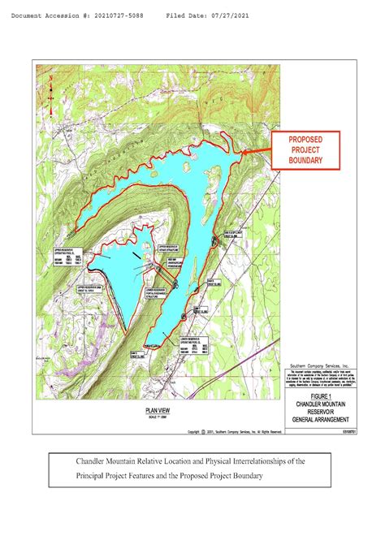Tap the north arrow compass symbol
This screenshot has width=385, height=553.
(x=50, y=81)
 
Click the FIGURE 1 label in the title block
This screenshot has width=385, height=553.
(x=323, y=394)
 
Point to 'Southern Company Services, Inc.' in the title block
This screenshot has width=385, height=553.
(x=322, y=366)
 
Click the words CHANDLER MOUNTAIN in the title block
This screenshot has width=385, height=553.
(x=323, y=402)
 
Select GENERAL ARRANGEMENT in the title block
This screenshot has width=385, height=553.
(x=323, y=417)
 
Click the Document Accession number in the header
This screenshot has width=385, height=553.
(x=81, y=15)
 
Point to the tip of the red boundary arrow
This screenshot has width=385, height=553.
(x=236, y=152)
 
